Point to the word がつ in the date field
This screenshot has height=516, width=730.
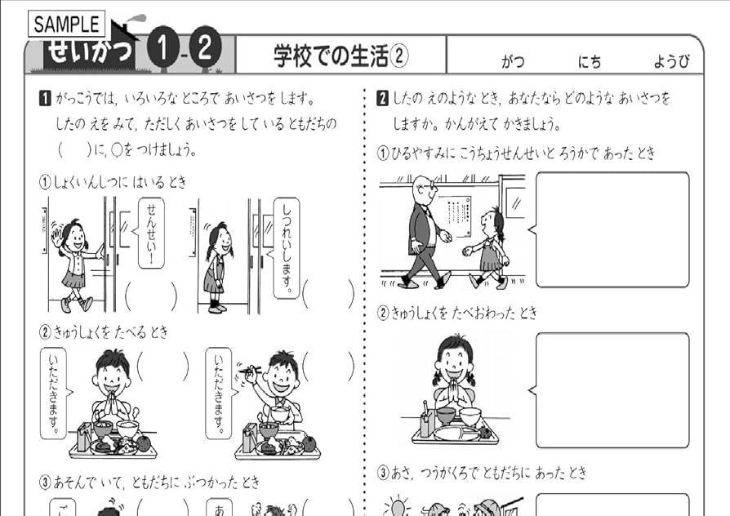click(513, 61)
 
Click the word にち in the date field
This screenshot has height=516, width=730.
click(590, 61)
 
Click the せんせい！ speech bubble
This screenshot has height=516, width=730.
click(150, 234)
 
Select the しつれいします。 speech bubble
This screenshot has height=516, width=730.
click(285, 247)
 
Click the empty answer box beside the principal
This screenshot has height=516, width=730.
click(612, 229)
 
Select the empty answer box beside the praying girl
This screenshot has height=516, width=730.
click(612, 389)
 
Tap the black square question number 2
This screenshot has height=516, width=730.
click(381, 100)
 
